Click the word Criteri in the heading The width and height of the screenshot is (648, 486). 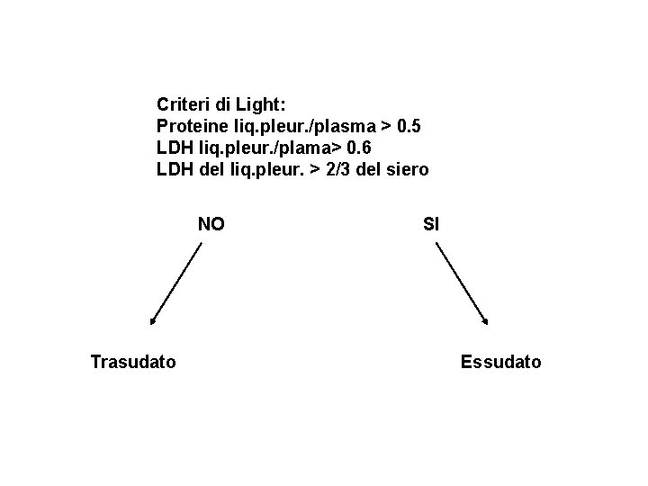pos(183,104)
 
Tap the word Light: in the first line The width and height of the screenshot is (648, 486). pos(259,104)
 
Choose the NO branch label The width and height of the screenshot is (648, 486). pos(211,224)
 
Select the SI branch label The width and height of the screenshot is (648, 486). pos(430,224)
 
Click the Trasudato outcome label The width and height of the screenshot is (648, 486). pos(133,363)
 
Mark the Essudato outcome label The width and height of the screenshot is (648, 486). pos(501,363)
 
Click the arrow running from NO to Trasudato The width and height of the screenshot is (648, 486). pos(177,284)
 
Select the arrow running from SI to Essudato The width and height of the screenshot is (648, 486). pos(461,284)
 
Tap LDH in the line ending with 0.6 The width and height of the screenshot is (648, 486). pos(175,148)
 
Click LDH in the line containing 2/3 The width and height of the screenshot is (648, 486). pos(175,169)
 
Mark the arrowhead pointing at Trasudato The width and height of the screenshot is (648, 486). pos(153,319)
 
